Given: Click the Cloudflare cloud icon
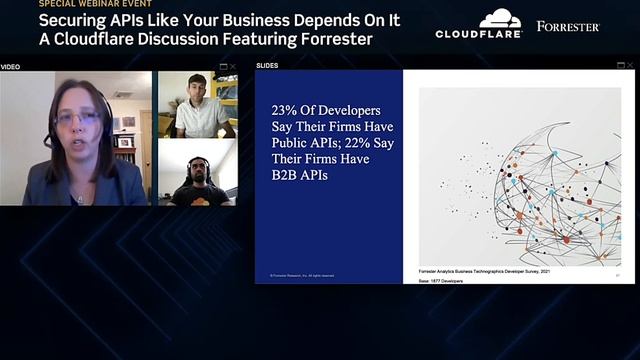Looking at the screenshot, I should (500, 18).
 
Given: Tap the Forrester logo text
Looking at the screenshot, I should (567, 26).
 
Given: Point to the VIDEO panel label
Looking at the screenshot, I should (10, 66).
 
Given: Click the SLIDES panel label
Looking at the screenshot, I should (267, 66).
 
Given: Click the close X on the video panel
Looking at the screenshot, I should (234, 66).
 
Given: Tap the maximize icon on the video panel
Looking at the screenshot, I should (223, 66).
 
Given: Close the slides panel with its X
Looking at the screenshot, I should (630, 66).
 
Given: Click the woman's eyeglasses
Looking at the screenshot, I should (76, 119).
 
